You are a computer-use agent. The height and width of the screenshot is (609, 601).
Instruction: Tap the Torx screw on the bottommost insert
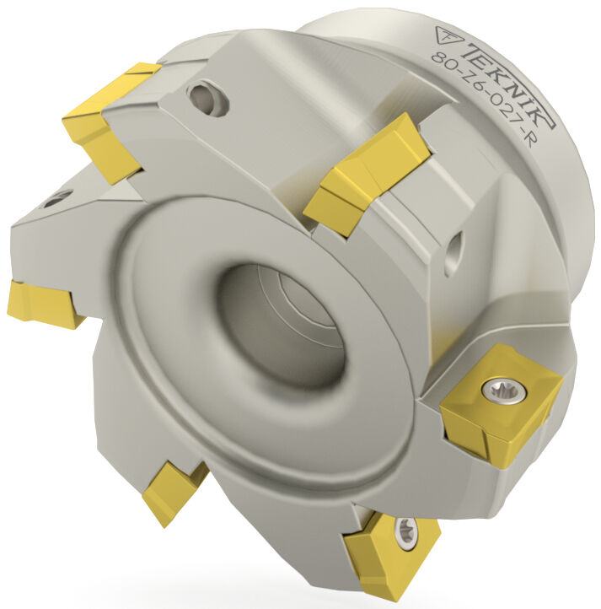(x=405, y=531)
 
